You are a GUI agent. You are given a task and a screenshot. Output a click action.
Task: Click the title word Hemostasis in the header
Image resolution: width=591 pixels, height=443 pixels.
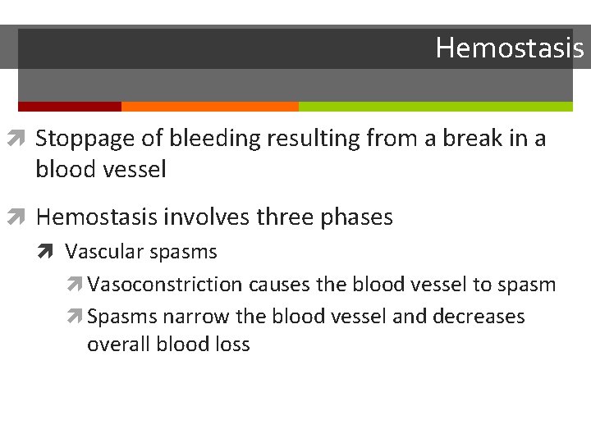(509, 48)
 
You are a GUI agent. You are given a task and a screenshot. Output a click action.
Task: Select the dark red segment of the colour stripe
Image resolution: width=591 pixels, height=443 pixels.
(69, 107)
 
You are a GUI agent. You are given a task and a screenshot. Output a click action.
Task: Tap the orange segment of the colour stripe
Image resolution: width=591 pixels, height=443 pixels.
(209, 107)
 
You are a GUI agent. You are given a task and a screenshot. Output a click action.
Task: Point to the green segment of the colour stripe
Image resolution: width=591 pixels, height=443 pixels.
(435, 107)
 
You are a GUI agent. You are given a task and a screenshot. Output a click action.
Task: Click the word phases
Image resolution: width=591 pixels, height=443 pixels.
(358, 217)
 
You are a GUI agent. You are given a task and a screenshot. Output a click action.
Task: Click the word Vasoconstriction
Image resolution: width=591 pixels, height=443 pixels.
(164, 285)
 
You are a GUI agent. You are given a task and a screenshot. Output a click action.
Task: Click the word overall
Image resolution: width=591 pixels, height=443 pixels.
(117, 345)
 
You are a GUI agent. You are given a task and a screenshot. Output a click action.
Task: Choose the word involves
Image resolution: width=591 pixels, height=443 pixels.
(203, 217)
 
